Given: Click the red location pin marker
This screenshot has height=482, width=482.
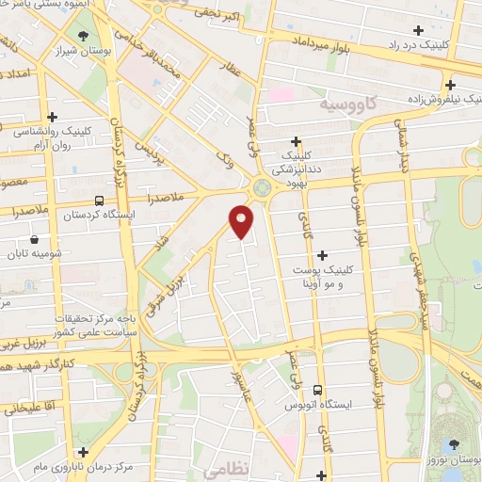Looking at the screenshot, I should (243, 221).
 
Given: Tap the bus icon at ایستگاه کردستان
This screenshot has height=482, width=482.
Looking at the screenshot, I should (100, 200).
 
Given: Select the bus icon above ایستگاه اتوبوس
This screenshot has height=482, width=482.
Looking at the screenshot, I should (317, 389).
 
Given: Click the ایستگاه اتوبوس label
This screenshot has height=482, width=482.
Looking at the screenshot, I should (317, 406).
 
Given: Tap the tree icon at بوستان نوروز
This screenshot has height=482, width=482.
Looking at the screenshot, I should (454, 442).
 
